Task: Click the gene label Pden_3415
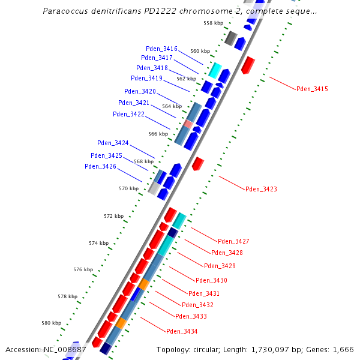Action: point(312,89)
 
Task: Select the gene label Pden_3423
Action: point(261,189)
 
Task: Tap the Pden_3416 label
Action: point(161,49)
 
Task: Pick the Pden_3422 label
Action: point(128,114)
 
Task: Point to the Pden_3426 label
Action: point(100,166)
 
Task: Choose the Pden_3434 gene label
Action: point(182,331)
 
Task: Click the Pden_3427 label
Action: point(233,241)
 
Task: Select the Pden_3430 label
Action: point(211,280)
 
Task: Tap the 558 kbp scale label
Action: point(213,23)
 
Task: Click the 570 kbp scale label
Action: point(128,188)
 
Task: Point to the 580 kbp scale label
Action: point(51,323)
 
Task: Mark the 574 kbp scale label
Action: point(98,243)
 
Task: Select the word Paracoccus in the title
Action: point(65,11)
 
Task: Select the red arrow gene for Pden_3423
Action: point(198,163)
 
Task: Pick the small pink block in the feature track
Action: point(188,124)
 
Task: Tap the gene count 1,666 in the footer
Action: point(343,349)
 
